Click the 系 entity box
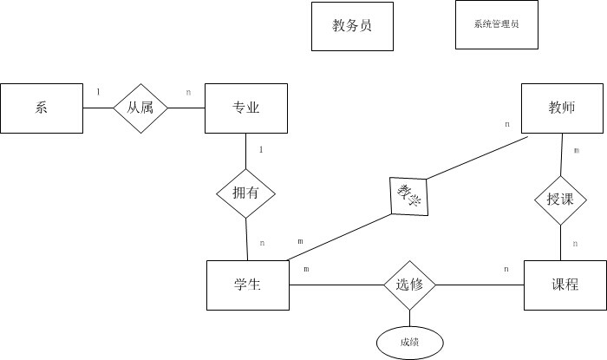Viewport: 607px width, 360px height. tap(42, 108)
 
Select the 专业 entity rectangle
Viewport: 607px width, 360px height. tap(245, 108)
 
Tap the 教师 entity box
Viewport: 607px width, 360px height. tap(562, 108)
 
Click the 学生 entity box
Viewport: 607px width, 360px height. tap(248, 285)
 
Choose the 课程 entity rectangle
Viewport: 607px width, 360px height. tap(565, 285)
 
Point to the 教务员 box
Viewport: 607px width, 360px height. tap(352, 26)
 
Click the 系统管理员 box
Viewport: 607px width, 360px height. tap(497, 25)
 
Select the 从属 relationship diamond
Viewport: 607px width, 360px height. tap(140, 108)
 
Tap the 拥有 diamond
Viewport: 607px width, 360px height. tap(245, 192)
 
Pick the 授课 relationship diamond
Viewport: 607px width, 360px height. tap(560, 200)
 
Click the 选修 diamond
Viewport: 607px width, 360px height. tap(410, 285)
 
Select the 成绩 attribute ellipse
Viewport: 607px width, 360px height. tap(410, 342)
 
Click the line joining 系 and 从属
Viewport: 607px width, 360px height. tap(98, 108)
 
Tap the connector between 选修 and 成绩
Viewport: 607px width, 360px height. tap(410, 318)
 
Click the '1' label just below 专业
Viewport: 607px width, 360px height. tap(261, 149)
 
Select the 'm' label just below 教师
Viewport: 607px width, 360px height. tap(576, 150)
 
